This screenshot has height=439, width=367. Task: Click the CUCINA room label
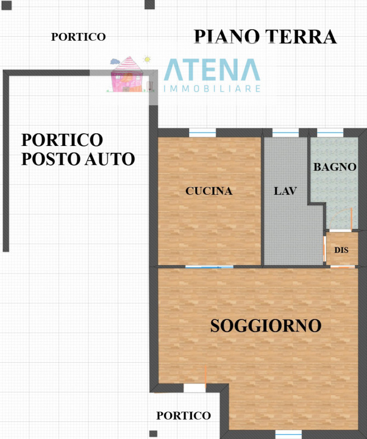[x=209, y=192]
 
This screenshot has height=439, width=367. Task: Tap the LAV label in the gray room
[x=285, y=192]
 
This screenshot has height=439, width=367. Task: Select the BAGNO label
[x=335, y=167]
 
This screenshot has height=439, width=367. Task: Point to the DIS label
[x=341, y=250]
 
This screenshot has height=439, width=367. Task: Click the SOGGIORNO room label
[x=266, y=325]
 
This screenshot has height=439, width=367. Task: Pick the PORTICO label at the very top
[x=78, y=37]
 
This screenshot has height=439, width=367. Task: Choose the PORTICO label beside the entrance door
[x=183, y=415]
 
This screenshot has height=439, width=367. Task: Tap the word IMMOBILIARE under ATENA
[x=212, y=88]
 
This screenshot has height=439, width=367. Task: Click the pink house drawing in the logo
[x=127, y=75]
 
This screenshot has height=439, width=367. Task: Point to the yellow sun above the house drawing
[x=147, y=59]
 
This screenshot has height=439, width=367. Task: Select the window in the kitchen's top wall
[x=202, y=133]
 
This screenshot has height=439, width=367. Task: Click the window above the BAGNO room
[x=330, y=133]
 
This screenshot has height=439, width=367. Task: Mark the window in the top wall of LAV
[x=285, y=133]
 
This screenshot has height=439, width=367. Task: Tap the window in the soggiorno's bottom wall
[x=289, y=434]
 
